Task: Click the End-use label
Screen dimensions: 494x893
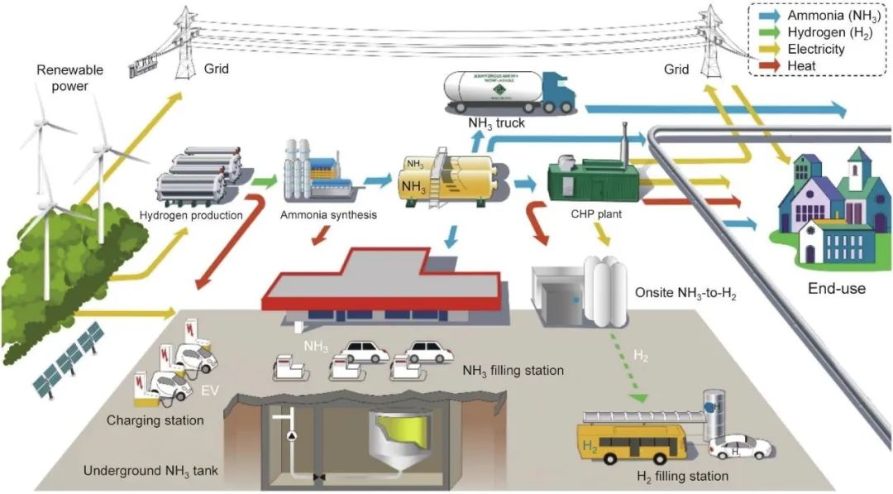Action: click(x=837, y=289)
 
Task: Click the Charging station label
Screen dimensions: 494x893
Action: click(x=155, y=420)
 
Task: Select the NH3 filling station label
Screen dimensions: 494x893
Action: click(x=513, y=370)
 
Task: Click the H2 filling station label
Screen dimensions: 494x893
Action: click(x=682, y=476)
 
